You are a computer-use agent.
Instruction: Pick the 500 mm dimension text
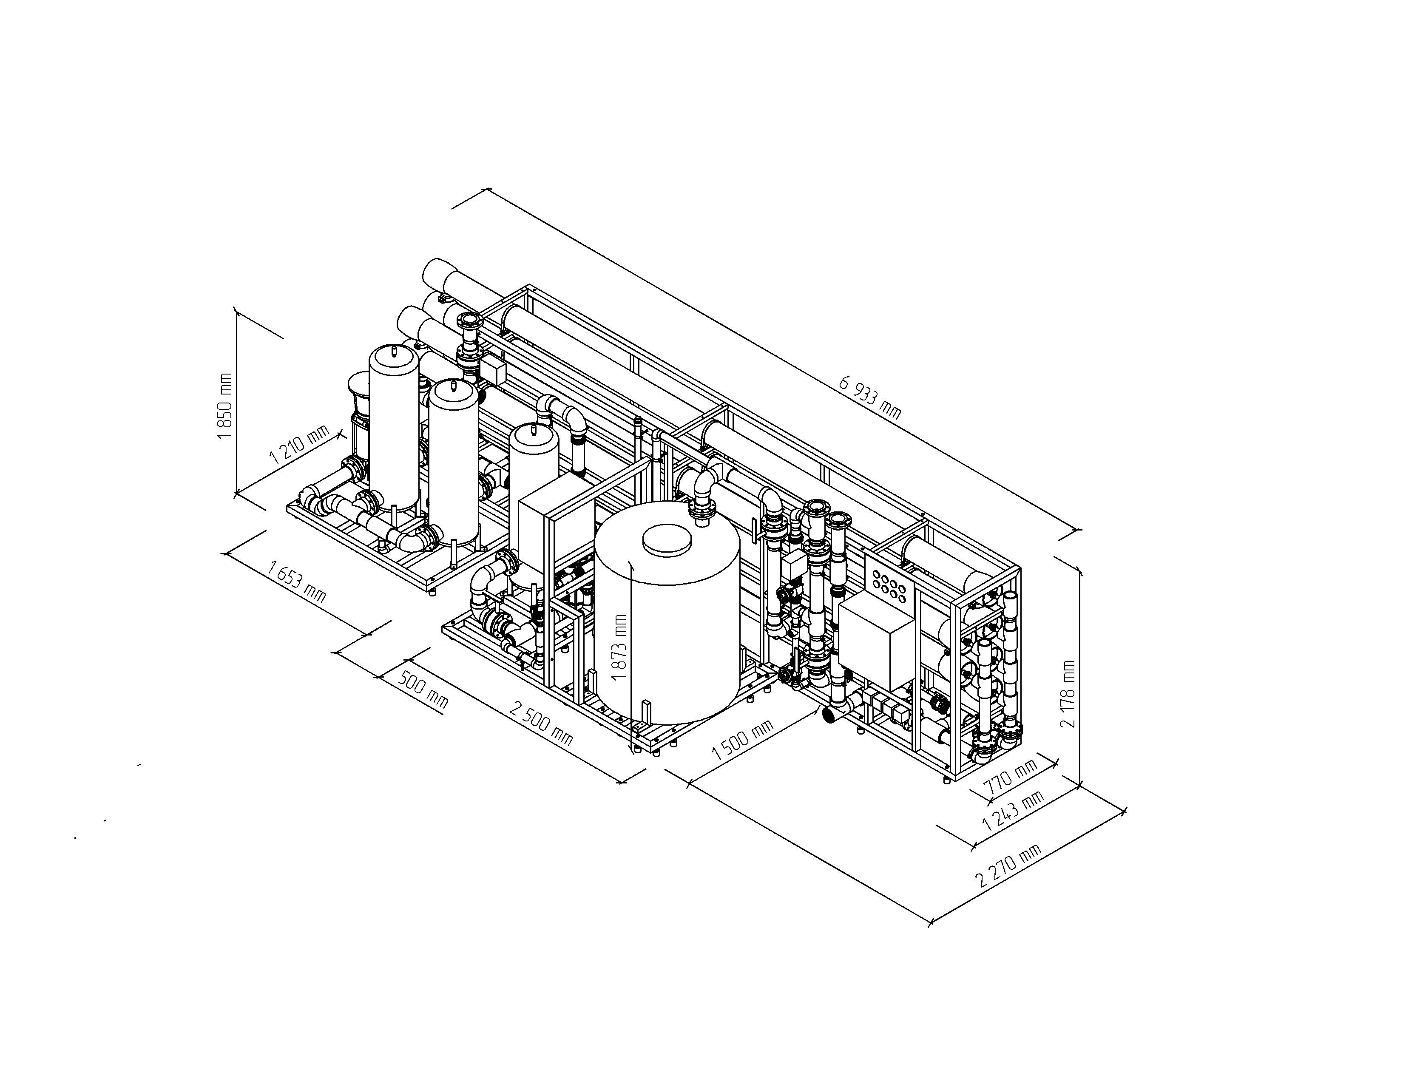(424, 690)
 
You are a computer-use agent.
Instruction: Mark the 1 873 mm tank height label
(619, 647)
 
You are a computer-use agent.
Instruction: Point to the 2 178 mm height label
(1068, 694)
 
